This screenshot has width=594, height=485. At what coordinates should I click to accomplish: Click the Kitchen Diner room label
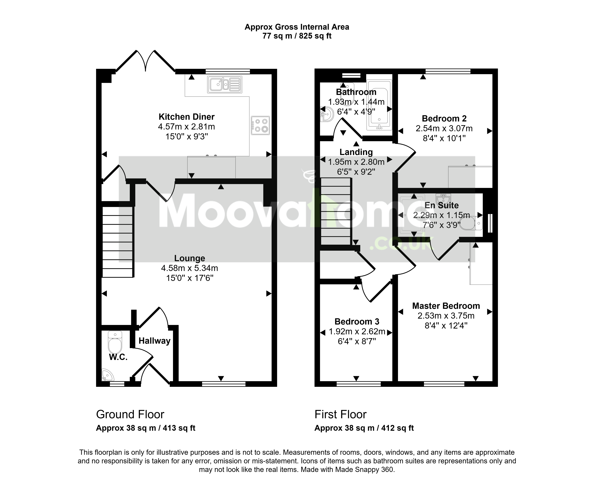click(187, 117)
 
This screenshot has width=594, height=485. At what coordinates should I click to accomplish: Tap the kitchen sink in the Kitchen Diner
click(225, 84)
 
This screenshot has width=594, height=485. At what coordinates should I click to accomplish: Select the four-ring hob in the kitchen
click(260, 125)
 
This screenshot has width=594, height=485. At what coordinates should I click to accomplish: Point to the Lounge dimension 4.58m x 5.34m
click(189, 268)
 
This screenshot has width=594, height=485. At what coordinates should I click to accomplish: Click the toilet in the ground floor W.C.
click(115, 342)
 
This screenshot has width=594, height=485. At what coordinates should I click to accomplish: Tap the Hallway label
click(154, 341)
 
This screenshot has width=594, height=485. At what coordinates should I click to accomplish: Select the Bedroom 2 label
click(444, 119)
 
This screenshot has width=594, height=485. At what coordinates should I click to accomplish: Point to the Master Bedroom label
click(446, 306)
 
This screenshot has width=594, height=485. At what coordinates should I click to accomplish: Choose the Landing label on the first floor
click(356, 152)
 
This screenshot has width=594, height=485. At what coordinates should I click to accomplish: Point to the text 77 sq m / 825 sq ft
click(297, 36)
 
